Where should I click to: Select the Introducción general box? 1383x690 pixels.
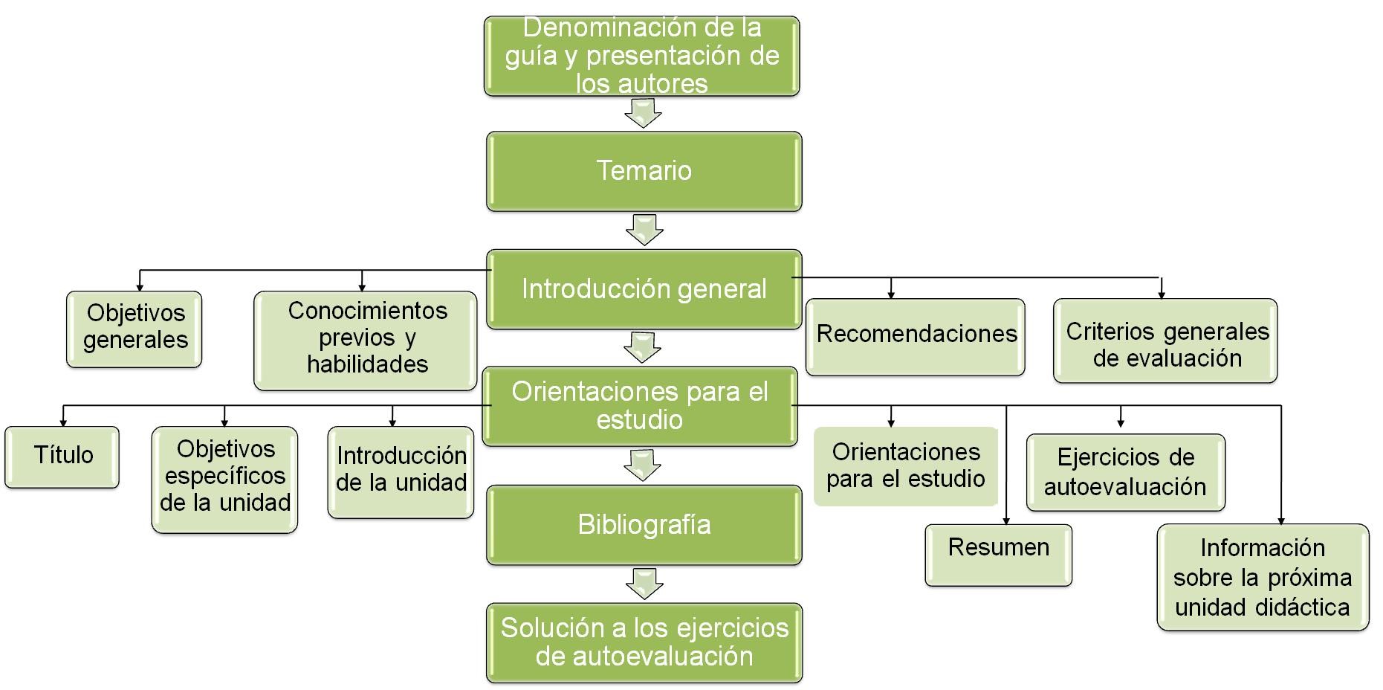(x=644, y=289)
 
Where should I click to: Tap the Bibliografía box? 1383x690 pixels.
(x=644, y=525)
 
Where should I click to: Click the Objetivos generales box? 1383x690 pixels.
(x=135, y=328)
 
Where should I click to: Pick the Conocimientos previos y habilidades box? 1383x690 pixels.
(x=366, y=339)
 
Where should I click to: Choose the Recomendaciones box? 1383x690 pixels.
(x=916, y=335)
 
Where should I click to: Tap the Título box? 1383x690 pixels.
(x=62, y=456)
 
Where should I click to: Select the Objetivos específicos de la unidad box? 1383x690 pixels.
(x=225, y=478)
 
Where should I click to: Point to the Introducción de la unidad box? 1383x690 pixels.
(x=401, y=471)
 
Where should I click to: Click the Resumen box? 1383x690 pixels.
(x=998, y=555)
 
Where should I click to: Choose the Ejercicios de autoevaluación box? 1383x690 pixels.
(x=1125, y=472)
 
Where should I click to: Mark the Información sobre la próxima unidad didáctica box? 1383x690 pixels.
(x=1263, y=578)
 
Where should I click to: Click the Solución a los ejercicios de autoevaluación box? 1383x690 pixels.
(x=644, y=642)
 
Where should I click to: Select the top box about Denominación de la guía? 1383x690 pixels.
(x=642, y=57)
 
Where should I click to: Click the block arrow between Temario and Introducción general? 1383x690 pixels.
(x=644, y=230)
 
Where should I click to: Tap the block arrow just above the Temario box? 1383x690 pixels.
(x=643, y=113)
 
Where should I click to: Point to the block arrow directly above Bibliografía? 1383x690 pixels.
(x=643, y=465)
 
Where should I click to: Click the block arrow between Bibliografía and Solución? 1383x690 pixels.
(x=644, y=584)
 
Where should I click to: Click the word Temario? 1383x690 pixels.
(x=644, y=171)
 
